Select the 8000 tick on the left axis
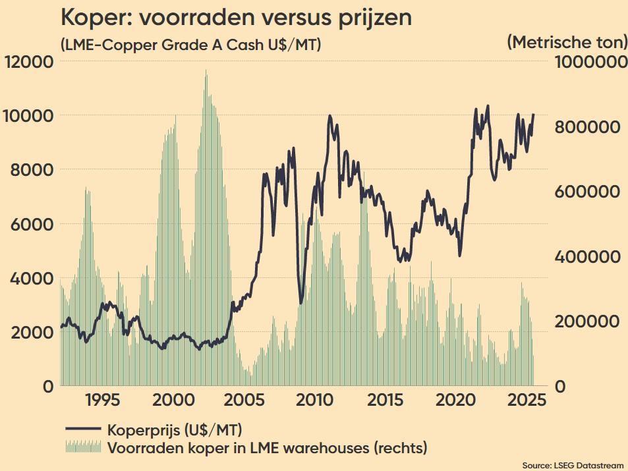pyautogui.click(x=29, y=170)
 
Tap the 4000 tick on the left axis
pyautogui.click(x=29, y=278)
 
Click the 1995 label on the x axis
pyautogui.click(x=101, y=401)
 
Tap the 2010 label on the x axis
pyautogui.click(x=314, y=401)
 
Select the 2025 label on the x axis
pyautogui.click(x=527, y=401)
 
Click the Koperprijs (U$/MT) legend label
pyautogui.click(x=174, y=430)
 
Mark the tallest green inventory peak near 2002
pyautogui.click(x=206, y=71)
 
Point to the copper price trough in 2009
pyautogui.click(x=301, y=302)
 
